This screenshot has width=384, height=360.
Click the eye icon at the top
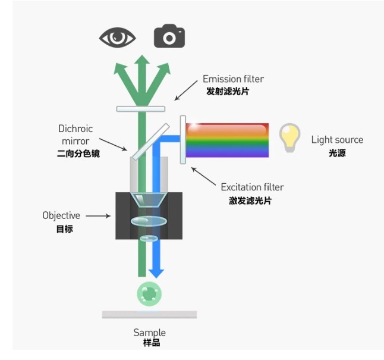tap(118, 38)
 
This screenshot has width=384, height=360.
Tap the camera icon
tap(169, 37)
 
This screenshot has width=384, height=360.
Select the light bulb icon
tap(289, 138)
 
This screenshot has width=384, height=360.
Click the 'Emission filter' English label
tap(233, 79)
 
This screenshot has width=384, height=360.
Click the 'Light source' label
tap(337, 140)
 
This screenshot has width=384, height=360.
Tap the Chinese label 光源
tap(337, 153)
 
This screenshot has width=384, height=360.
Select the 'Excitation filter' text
tap(252, 187)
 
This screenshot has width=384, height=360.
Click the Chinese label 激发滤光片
tap(250, 201)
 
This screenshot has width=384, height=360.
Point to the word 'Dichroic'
tap(75, 129)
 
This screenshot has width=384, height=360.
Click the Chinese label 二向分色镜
tap(75, 154)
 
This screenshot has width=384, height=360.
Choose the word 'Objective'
tap(61, 215)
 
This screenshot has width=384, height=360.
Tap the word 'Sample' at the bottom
tap(149, 333)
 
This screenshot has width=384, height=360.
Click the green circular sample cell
tap(149, 293)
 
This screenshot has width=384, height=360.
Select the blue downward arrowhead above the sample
tap(156, 273)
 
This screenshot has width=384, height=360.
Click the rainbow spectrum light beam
tap(227, 140)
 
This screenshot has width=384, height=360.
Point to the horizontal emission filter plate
tap(141, 109)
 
